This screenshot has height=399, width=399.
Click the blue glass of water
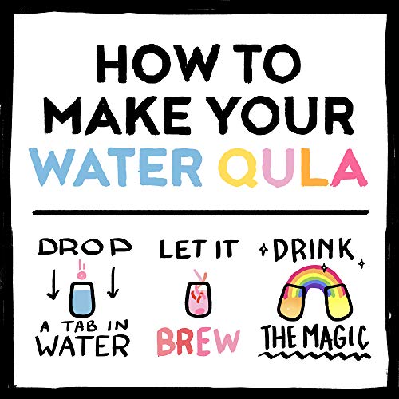[x=81, y=299]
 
